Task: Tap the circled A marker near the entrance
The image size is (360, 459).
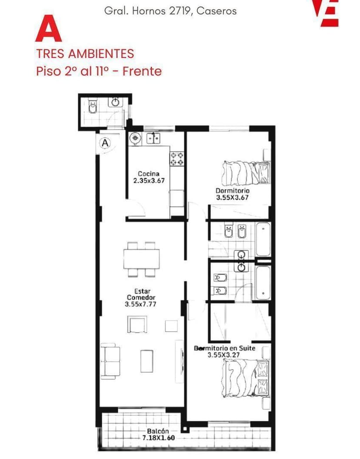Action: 105,143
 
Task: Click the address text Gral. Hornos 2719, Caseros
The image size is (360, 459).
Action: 170,11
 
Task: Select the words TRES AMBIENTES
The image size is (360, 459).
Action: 85,54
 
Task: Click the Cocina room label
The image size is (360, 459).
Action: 149,174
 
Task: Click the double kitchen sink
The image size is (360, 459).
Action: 153,138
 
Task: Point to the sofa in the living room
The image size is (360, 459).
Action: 110,360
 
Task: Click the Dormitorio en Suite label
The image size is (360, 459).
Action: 230,348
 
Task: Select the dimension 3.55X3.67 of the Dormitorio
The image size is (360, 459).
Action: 232,198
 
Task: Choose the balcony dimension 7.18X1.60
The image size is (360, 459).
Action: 158,438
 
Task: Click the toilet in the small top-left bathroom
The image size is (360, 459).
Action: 92,107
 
